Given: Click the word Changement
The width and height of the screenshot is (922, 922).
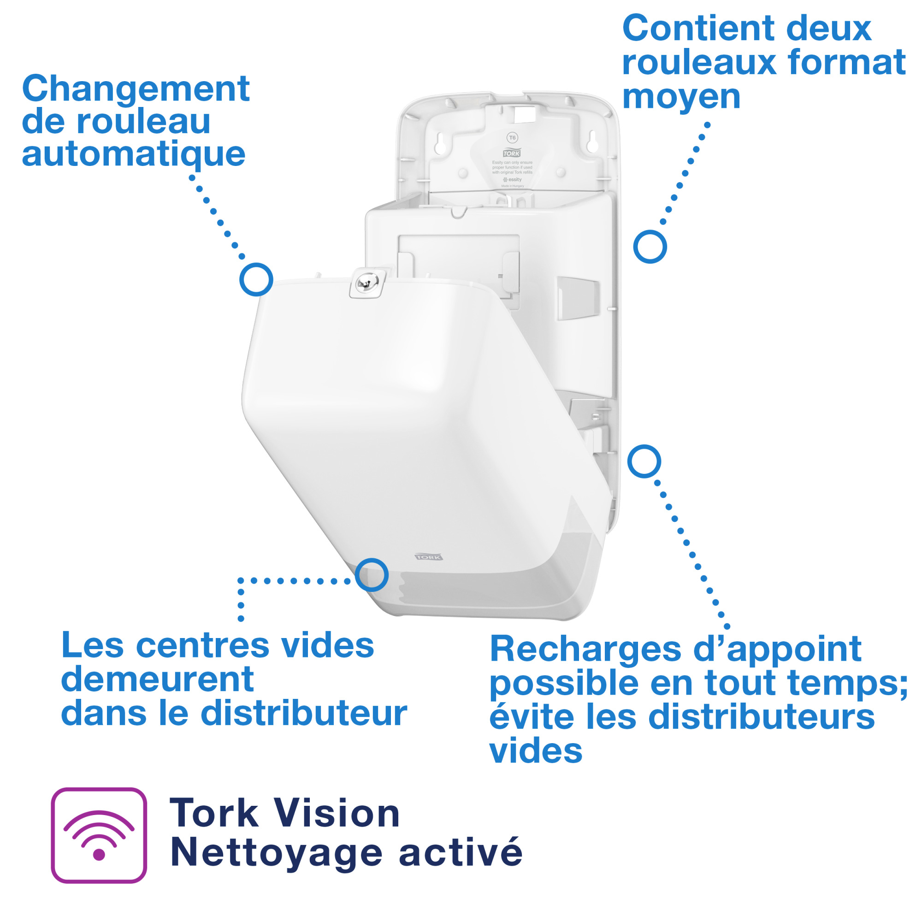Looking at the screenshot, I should [136, 89].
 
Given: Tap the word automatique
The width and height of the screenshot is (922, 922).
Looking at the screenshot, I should [133, 155].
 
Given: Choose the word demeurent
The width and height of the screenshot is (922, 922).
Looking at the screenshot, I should [157, 680].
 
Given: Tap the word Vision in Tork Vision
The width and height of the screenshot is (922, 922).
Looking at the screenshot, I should [337, 814].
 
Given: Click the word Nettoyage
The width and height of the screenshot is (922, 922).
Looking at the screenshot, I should [276, 853].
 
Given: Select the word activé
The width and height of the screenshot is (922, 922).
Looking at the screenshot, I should [461, 853].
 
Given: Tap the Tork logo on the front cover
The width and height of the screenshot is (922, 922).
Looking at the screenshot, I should [429, 557].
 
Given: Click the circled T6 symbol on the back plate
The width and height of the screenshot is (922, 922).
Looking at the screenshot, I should [512, 138].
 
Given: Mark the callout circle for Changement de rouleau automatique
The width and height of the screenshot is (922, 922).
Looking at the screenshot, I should [256, 279].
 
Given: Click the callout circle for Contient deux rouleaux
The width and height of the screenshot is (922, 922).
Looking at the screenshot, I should [650, 247].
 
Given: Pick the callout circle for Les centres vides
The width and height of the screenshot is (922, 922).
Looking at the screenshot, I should [371, 574].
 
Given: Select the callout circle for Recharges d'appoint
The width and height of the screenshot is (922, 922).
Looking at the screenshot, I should [644, 461].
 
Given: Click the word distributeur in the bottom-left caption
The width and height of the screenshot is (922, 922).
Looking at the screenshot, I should [304, 714].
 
